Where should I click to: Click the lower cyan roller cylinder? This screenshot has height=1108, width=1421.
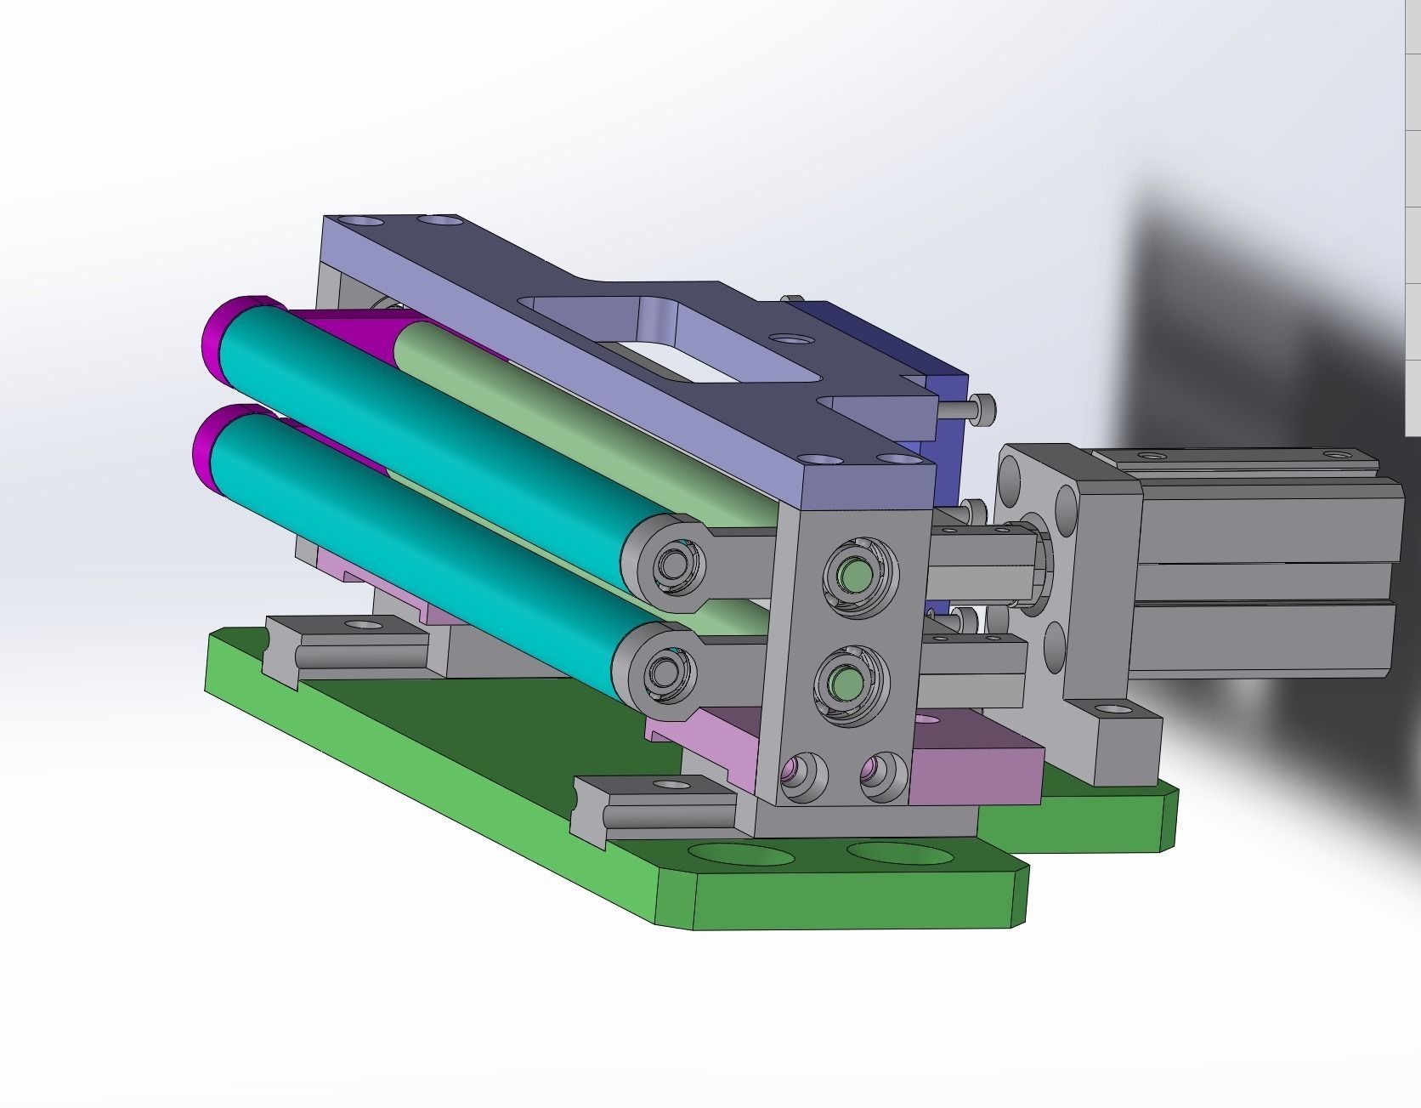(416, 536)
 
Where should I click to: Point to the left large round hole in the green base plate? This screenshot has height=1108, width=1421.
(737, 854)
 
